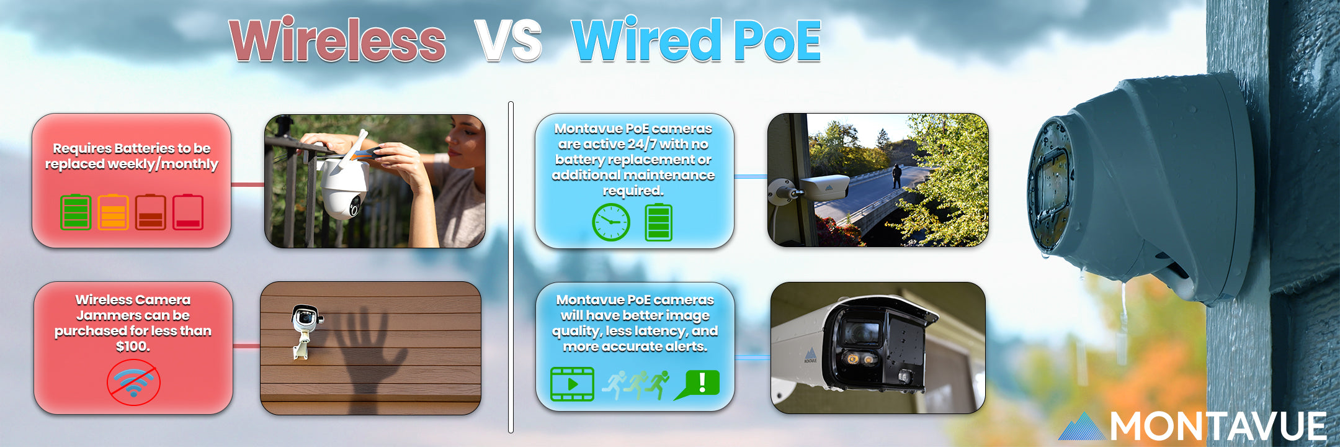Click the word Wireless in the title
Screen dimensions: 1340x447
[x=337, y=40]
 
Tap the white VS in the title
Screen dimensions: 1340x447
[x=508, y=40]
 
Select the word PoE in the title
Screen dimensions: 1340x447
[x=777, y=40]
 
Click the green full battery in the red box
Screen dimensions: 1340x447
[x=76, y=212]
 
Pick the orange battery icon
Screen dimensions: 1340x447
[x=113, y=212]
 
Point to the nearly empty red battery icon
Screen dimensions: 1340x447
[x=188, y=212]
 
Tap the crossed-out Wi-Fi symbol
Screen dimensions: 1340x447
[x=133, y=382]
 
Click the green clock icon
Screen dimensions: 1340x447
[x=611, y=222]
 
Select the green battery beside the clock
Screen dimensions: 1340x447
[x=659, y=222]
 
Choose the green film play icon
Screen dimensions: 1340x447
[x=572, y=384]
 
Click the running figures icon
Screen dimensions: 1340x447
[x=636, y=385]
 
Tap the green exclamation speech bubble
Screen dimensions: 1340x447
[x=697, y=384]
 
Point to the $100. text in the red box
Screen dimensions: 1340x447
[x=133, y=346]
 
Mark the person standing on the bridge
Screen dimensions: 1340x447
[x=897, y=176]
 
